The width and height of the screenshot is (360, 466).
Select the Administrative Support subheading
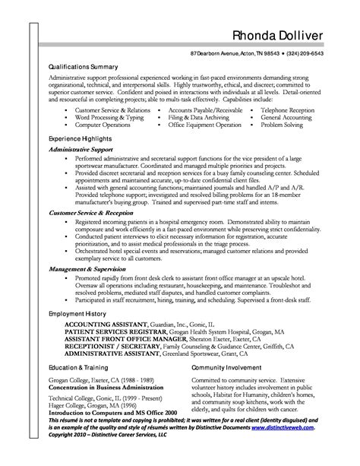[82, 151]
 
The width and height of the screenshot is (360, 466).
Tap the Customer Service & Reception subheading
[91, 215]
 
